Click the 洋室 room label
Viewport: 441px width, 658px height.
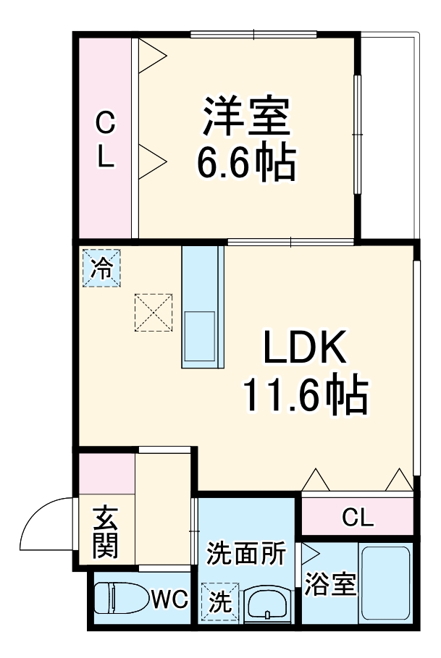246,117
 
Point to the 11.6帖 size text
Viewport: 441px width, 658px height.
305,395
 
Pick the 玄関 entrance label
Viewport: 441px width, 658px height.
106,532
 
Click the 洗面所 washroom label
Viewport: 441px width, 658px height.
246,554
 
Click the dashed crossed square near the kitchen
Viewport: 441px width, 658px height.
153,312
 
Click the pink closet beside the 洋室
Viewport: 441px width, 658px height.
105,138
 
